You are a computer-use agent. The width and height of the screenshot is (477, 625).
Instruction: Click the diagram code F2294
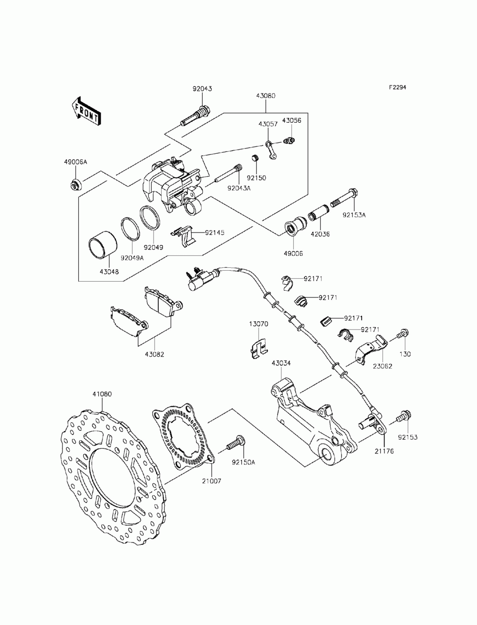397,87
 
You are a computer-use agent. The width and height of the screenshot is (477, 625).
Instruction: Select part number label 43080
265,96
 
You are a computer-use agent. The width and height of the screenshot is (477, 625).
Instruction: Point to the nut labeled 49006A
75,183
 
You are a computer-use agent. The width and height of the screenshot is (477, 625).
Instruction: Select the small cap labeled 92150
255,158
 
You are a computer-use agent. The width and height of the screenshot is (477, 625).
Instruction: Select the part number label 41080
102,394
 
